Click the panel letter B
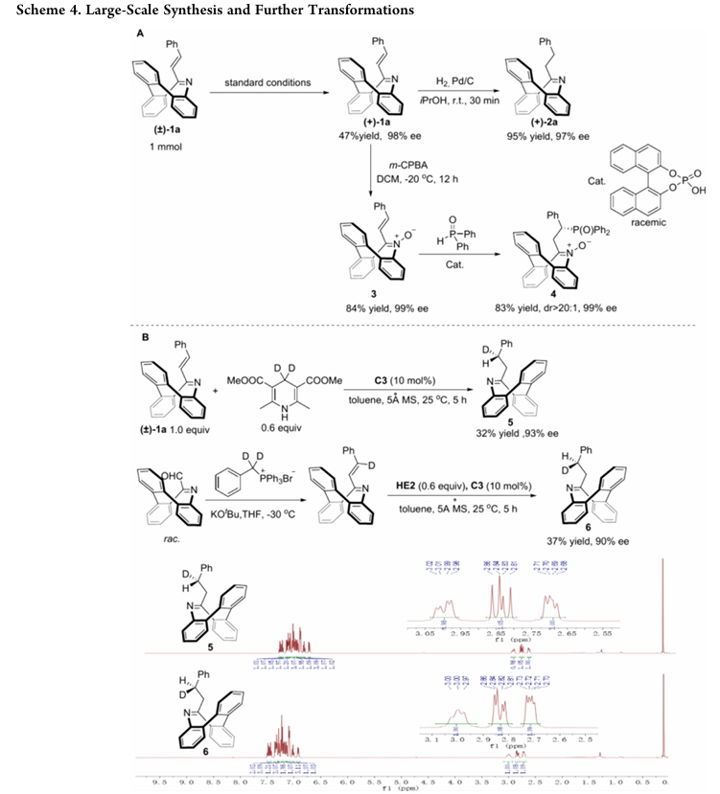point(143,338)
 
